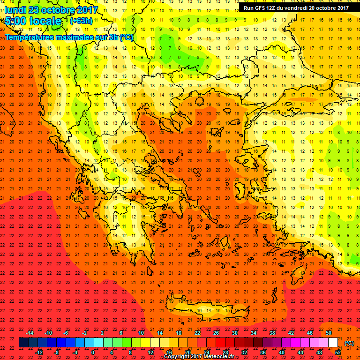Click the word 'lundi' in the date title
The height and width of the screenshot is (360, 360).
point(15,10)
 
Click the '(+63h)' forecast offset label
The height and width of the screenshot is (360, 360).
point(81,21)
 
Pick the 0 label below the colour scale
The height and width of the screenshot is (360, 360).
point(93,352)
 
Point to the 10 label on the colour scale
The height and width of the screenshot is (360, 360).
point(141,333)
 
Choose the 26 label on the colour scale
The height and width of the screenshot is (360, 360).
point(216,333)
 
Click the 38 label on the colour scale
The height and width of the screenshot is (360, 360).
point(272,333)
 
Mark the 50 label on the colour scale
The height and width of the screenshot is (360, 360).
point(329,333)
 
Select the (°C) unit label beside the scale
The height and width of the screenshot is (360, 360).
point(349,343)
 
